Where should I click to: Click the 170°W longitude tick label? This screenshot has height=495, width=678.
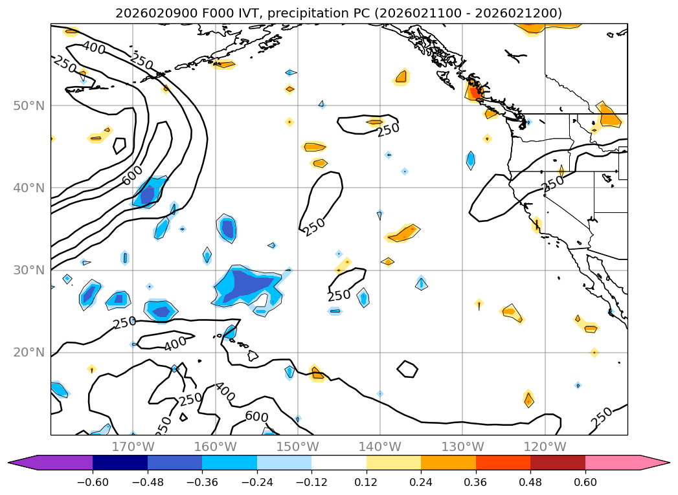click(133, 446)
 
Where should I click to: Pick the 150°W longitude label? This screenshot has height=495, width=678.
click(297, 446)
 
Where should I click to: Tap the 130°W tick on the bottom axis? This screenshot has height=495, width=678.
click(462, 446)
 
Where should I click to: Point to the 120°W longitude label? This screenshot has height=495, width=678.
click(545, 446)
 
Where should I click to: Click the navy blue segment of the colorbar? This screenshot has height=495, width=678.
click(120, 463)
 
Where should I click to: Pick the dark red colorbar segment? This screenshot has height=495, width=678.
click(558, 463)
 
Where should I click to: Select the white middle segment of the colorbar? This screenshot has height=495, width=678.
click(339, 463)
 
